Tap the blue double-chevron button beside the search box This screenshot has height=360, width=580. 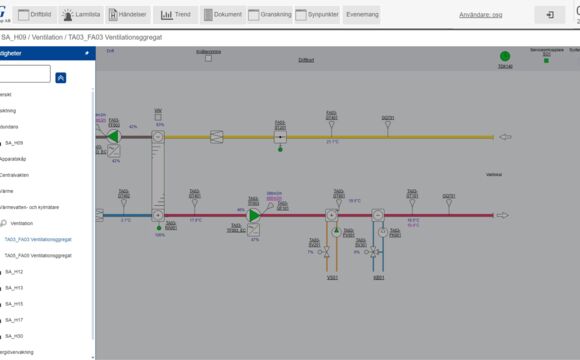coord(61,77)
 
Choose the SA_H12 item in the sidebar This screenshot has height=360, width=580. coord(14,272)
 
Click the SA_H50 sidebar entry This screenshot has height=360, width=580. coord(14,336)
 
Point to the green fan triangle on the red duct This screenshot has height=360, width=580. coord(254,215)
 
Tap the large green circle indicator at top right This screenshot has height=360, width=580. coord(505,57)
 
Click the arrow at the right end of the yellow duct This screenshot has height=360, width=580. coord(505,137)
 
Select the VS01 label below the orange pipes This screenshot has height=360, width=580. coord(331,277)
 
